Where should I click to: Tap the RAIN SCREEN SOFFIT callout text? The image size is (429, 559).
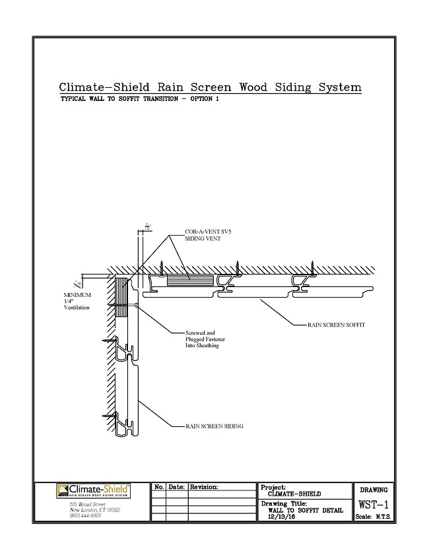(x=337, y=325)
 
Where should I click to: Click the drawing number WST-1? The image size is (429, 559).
(x=374, y=505)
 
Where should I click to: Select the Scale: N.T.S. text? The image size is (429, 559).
(x=374, y=517)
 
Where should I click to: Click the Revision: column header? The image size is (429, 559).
(x=203, y=487)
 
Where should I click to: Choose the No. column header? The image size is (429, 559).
(x=159, y=487)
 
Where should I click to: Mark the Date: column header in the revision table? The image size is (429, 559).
(x=176, y=487)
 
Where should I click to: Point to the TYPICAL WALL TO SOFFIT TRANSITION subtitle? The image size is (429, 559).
(x=139, y=98)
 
